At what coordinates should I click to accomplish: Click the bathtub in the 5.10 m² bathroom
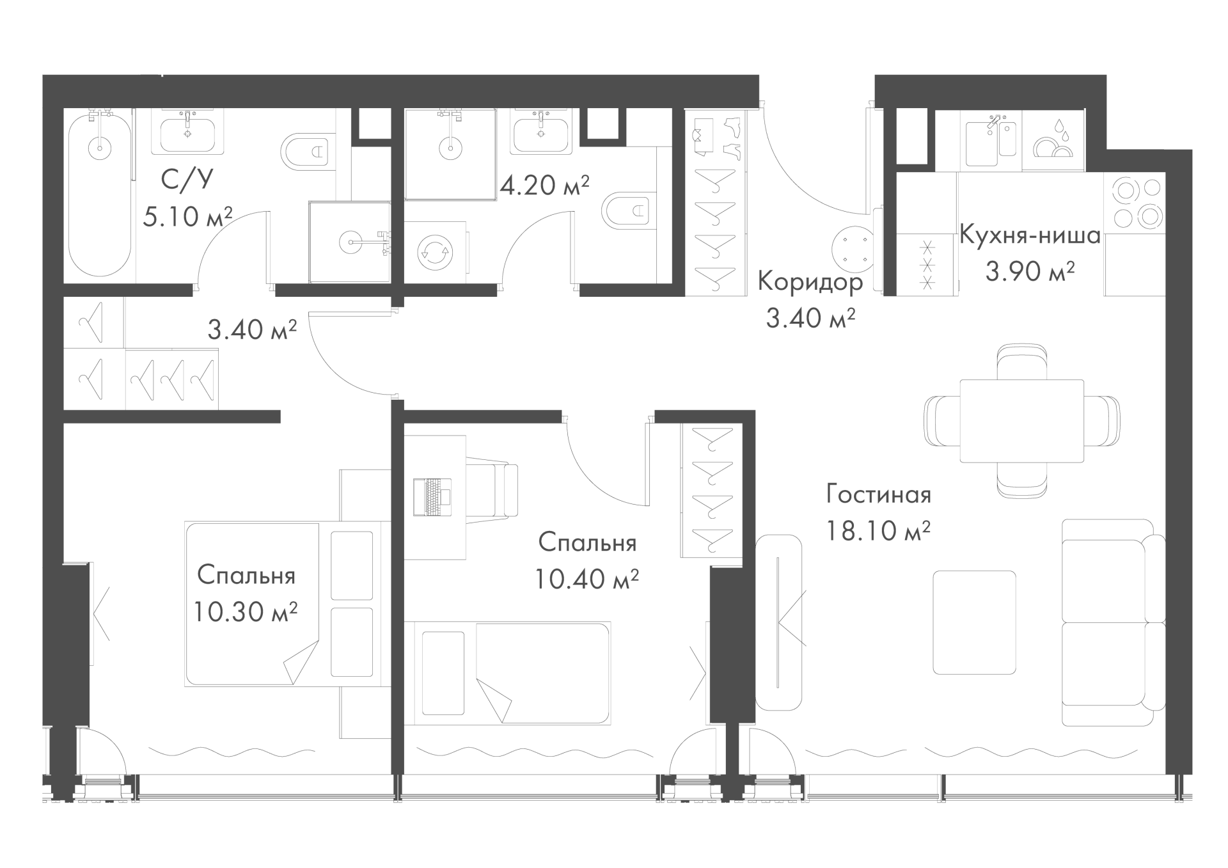pos(100,194)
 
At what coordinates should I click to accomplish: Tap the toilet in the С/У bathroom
pos(308,152)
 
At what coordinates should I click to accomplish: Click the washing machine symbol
pos(436,251)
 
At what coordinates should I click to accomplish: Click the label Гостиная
pos(878,494)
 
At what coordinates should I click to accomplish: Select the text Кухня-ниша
pos(1030,235)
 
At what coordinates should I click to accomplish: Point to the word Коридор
pos(810,281)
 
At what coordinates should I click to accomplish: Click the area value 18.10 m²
pos(878,530)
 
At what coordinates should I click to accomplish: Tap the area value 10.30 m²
pos(245,612)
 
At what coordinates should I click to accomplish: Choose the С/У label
pos(187,181)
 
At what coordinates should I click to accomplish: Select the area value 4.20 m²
pos(544,185)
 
